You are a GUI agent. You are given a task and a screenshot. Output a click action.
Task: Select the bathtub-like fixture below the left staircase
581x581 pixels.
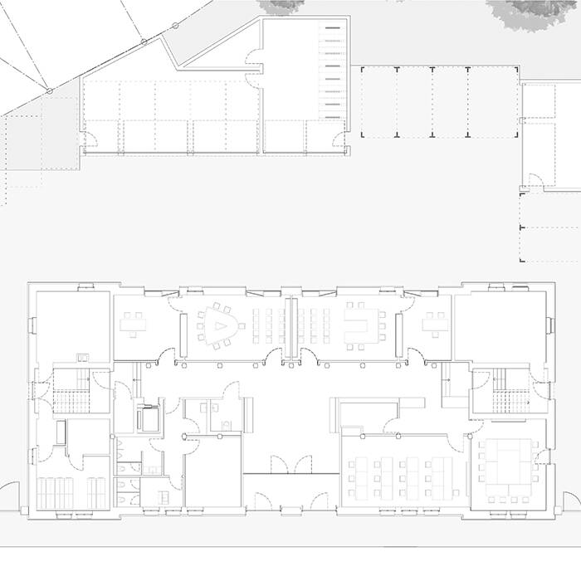(x=61, y=432)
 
